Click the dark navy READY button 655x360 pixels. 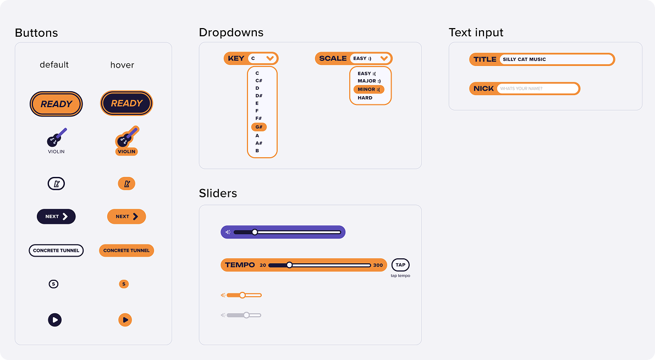click(126, 103)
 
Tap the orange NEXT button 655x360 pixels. click(126, 217)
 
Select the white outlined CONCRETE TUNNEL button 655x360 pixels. click(56, 251)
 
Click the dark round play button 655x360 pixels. click(55, 320)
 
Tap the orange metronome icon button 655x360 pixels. click(126, 184)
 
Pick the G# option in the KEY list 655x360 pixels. click(259, 127)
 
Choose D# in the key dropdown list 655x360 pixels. click(259, 96)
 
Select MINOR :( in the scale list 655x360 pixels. click(369, 90)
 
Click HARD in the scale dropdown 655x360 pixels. click(365, 98)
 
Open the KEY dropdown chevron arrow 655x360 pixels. click(270, 58)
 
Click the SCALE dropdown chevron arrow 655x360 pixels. click(384, 58)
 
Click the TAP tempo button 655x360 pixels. click(400, 265)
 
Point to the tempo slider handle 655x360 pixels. click(289, 265)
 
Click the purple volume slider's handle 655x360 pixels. click(255, 232)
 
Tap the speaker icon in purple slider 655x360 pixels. click(228, 232)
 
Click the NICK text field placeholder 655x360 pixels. click(521, 88)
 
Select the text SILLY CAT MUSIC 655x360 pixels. click(524, 59)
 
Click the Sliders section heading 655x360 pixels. click(218, 193)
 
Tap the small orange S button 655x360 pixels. click(124, 284)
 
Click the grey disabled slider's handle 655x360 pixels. click(246, 315)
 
